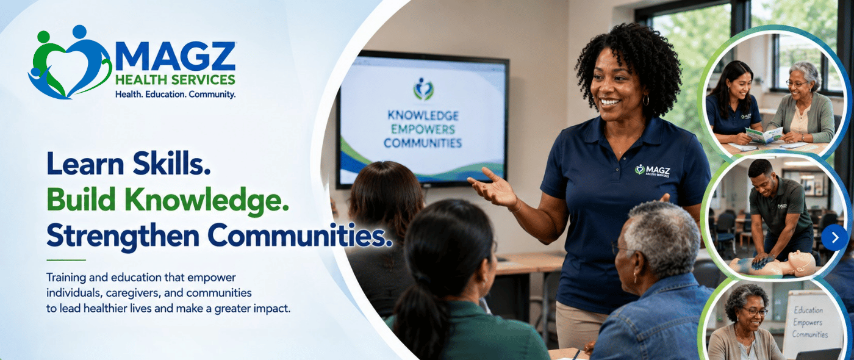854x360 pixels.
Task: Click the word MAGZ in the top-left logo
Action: (x=175, y=56)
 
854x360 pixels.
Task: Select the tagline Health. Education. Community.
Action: (x=176, y=94)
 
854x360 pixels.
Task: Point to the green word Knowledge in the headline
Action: (x=206, y=200)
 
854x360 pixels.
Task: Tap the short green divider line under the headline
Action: (x=66, y=260)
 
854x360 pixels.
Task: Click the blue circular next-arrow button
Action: (x=834, y=237)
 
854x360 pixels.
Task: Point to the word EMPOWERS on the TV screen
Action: (x=423, y=129)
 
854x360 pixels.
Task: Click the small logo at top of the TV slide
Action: (x=423, y=89)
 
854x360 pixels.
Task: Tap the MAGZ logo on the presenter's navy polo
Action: (x=652, y=170)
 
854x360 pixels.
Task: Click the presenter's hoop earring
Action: (x=646, y=101)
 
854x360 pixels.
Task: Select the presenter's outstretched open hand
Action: (x=492, y=189)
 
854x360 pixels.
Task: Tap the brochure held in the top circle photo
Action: (x=764, y=135)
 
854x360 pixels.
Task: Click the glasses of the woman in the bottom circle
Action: (x=754, y=312)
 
